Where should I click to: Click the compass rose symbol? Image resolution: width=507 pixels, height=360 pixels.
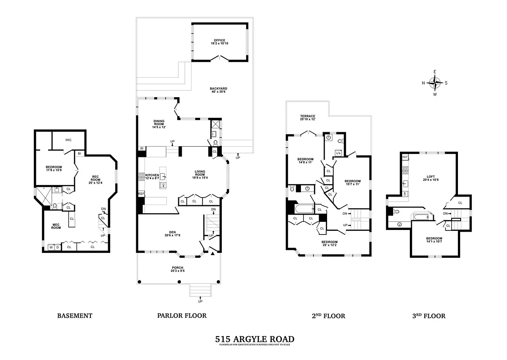435,83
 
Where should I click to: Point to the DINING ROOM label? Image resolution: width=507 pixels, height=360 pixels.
159,124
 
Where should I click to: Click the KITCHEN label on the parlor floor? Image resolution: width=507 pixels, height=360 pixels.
152,176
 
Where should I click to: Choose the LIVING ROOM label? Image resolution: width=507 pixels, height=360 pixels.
200,174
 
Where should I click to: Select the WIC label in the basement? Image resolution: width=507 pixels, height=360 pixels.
68,140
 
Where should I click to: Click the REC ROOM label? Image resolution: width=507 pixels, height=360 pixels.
95,178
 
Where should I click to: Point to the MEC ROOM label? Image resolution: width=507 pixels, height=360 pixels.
56,226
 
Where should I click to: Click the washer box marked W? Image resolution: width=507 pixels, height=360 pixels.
51,247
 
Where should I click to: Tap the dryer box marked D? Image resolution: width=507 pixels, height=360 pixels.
58,247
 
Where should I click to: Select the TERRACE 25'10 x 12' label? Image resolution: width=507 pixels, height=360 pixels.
308,118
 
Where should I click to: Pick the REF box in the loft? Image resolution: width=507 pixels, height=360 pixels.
405,157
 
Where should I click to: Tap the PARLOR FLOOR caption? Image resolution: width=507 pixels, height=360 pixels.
182,315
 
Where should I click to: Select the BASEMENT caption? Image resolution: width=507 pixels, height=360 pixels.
75,315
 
